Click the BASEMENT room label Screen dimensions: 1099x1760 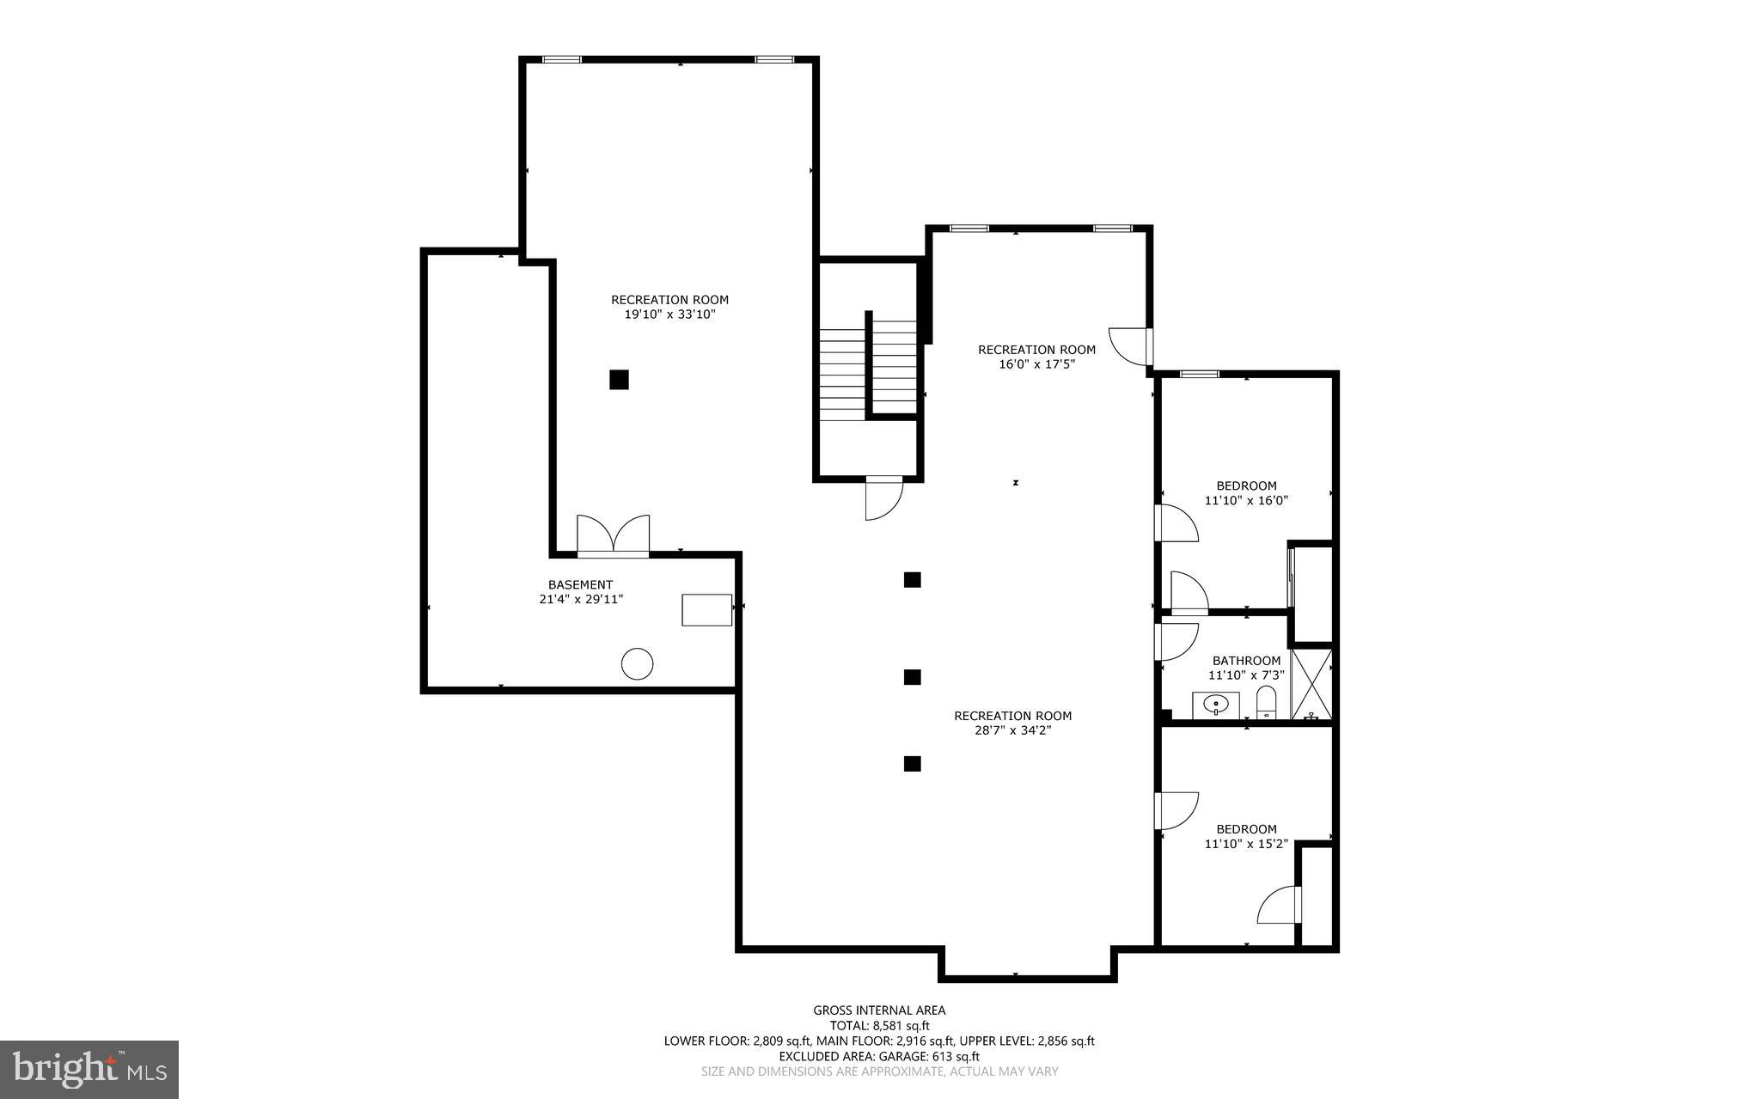point(580,584)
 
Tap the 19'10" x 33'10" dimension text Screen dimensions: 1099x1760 point(669,314)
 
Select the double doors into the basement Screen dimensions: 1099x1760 point(613,536)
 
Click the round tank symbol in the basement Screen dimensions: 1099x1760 point(637,663)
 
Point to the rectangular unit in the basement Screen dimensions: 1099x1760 point(706,609)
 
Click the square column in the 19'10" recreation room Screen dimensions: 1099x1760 point(619,379)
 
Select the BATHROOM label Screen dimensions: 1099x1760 point(1246,661)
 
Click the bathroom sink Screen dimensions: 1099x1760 point(1215,705)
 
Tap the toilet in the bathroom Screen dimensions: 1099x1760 point(1267,703)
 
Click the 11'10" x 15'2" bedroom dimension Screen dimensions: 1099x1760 point(1245,844)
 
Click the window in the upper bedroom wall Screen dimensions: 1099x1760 point(1198,374)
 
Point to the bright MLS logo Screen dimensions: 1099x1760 point(89,1069)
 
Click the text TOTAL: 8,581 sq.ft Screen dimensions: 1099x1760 point(879,1025)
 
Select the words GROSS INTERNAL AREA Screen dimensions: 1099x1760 point(879,1010)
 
